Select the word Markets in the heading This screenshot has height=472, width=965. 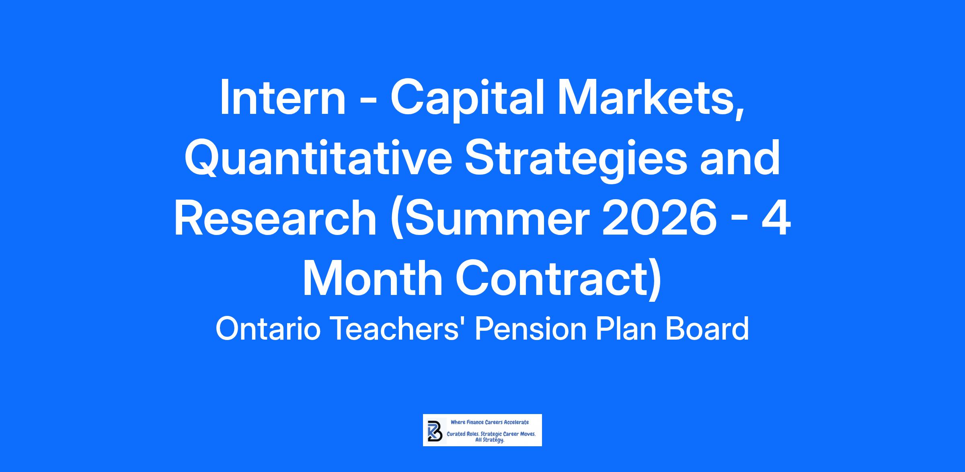click(x=649, y=100)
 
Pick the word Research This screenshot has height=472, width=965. click(x=275, y=219)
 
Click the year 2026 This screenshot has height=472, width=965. click(x=659, y=219)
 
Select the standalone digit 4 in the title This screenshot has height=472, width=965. click(x=777, y=219)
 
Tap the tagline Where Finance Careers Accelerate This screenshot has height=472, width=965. click(x=490, y=422)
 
